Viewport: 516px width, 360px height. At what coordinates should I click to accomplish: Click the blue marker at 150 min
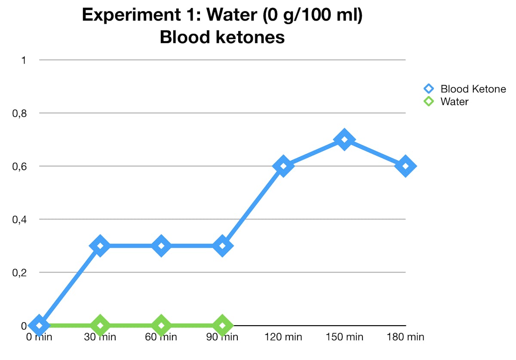pyautogui.click(x=344, y=140)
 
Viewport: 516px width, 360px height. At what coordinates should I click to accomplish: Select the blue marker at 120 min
pyautogui.click(x=283, y=166)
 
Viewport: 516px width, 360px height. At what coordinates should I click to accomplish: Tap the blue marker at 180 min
pyautogui.click(x=405, y=166)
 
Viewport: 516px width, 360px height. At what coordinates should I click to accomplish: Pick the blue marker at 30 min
pyautogui.click(x=100, y=246)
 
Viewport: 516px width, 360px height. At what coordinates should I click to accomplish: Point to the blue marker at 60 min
pyautogui.click(x=161, y=246)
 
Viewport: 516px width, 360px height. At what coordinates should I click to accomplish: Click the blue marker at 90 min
pyautogui.click(x=222, y=246)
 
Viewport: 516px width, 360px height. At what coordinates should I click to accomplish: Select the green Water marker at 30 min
pyautogui.click(x=100, y=325)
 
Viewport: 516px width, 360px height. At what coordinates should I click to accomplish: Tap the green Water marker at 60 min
pyautogui.click(x=161, y=325)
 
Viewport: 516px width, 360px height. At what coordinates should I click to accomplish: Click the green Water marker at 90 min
pyautogui.click(x=222, y=325)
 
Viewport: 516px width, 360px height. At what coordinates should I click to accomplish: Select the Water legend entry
pyautogui.click(x=454, y=102)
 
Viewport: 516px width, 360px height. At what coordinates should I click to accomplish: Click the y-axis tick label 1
pyautogui.click(x=24, y=60)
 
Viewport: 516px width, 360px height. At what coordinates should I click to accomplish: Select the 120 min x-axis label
pyautogui.click(x=283, y=337)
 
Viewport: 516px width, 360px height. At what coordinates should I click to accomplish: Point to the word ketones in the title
pyautogui.click(x=252, y=37)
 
